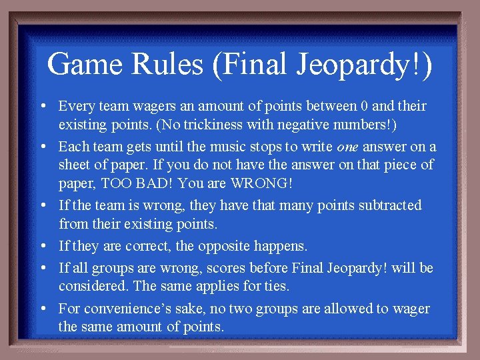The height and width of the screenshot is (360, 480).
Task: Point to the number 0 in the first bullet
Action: (363, 106)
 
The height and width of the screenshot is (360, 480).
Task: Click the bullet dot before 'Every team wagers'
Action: (42, 107)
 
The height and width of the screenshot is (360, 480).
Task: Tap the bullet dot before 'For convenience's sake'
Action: (42, 309)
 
